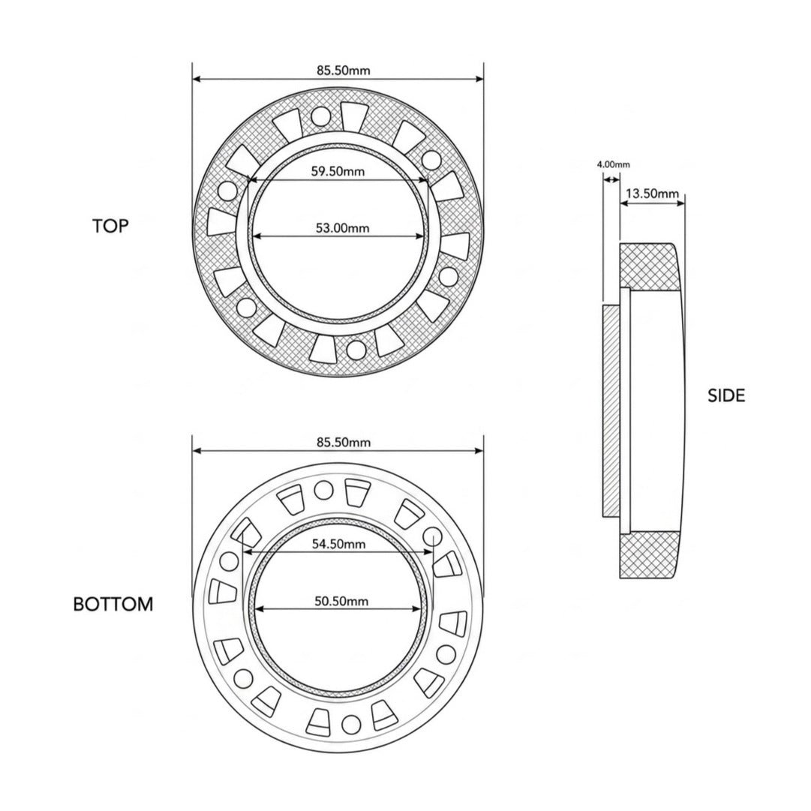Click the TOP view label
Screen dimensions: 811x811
(x=110, y=226)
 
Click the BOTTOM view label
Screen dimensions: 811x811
(x=113, y=604)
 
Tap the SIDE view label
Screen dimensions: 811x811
(x=726, y=395)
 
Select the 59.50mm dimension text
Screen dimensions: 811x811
(x=338, y=171)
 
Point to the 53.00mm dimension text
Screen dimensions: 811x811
(x=342, y=227)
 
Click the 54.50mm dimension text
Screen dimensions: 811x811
(x=339, y=544)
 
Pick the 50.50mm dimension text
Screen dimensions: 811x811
(x=341, y=601)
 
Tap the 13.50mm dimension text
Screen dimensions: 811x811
(x=652, y=194)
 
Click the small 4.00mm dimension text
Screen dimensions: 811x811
(x=614, y=165)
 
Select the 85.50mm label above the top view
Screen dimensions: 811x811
(x=344, y=70)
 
